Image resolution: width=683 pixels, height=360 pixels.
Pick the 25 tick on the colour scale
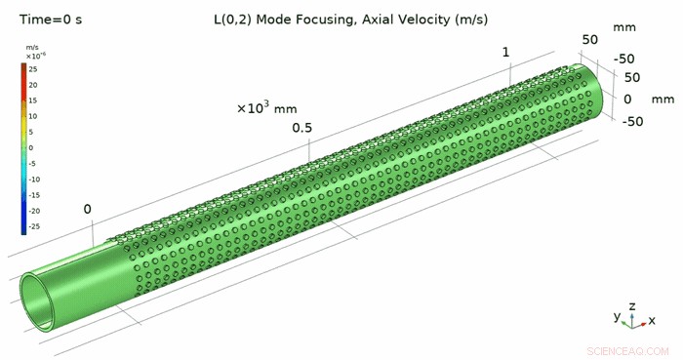tap(33, 69)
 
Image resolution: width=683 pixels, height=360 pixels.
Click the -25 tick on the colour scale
tap(34, 226)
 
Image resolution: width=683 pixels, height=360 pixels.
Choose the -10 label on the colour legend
tap(34, 180)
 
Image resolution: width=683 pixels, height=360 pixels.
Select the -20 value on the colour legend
tap(34, 211)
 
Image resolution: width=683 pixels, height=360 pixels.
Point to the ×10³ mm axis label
tap(266, 107)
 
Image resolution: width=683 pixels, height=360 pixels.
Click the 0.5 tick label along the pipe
tap(301, 129)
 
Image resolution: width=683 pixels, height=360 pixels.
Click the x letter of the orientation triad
tap(652, 320)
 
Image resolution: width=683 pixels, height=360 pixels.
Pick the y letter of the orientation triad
tap(617, 317)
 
